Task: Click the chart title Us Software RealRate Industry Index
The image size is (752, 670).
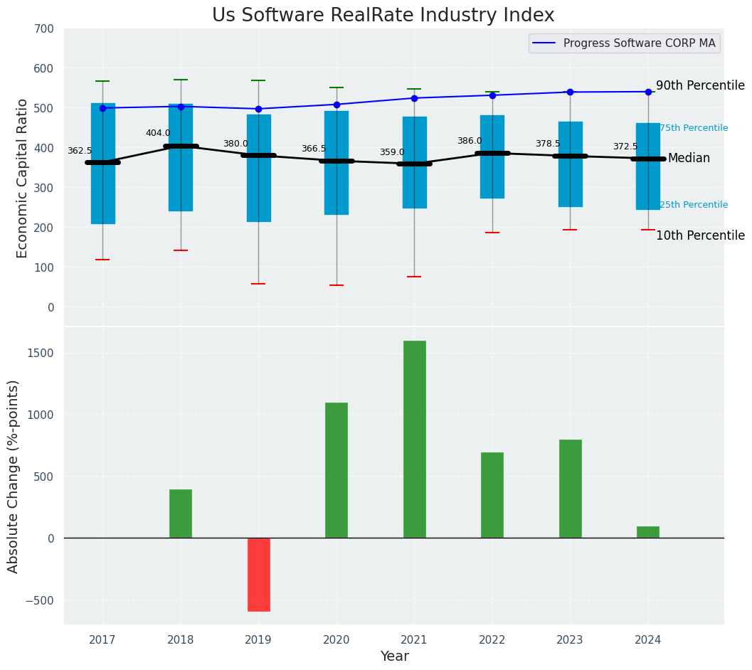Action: tap(383, 16)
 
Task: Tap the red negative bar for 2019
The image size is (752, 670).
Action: tap(258, 574)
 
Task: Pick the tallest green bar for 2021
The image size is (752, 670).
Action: tap(414, 439)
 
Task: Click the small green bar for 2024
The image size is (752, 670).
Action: tap(647, 532)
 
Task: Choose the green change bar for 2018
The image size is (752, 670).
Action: tap(181, 514)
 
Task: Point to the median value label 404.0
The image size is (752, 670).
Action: tap(158, 133)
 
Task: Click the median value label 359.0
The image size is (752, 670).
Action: tap(391, 152)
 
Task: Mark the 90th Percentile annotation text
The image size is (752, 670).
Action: tap(700, 85)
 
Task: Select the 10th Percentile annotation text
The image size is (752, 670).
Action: tap(700, 235)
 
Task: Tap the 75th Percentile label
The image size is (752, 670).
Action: tap(694, 128)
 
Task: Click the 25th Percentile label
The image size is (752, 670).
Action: tap(694, 205)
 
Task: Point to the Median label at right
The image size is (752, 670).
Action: tap(689, 159)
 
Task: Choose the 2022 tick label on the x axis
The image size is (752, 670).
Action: tap(492, 640)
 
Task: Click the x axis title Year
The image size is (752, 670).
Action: tap(394, 656)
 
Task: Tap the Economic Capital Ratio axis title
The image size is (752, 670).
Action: tap(23, 178)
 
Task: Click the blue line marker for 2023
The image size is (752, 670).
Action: tap(570, 92)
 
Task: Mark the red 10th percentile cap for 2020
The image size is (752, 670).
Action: tap(337, 285)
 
